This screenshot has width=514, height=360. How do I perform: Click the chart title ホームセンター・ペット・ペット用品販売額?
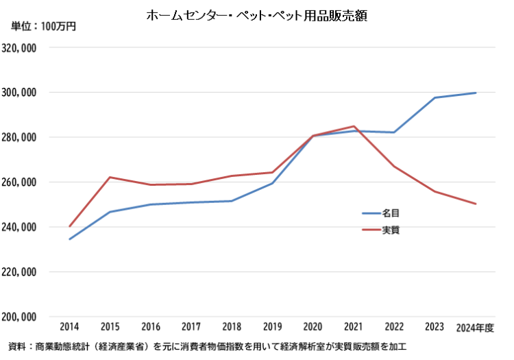257,15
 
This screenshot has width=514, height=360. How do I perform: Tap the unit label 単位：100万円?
42,27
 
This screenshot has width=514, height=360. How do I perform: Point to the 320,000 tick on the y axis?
20,49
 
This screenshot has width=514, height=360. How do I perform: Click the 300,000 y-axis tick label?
20,93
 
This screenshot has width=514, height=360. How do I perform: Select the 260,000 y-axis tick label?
20,182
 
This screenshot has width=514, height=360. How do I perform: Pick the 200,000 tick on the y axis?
20,317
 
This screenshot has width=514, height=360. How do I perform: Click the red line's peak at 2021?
353,126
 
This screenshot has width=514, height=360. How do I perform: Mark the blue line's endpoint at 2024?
476,93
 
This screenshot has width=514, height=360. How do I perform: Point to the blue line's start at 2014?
69,239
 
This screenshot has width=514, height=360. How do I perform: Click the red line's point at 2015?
110,177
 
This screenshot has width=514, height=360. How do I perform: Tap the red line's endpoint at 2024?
476,204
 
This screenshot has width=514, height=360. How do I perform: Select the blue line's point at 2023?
435,97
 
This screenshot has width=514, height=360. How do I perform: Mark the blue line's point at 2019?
272,183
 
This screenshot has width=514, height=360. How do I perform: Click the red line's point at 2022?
394,167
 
